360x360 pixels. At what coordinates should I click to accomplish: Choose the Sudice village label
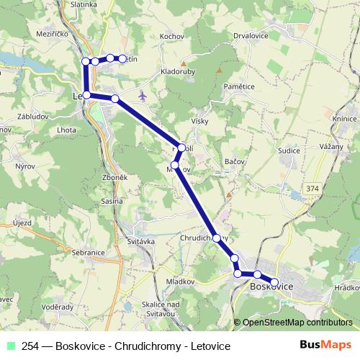(x=290, y=151)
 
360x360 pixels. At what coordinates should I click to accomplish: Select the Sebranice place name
(x=89, y=253)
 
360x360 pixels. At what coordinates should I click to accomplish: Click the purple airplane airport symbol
(x=143, y=96)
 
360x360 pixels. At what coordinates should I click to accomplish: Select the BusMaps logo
(x=326, y=345)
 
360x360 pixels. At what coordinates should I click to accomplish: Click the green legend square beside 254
(x=11, y=345)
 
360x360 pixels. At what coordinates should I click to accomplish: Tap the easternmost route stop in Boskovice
(x=274, y=282)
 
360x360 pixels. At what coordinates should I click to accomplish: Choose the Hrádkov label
(x=346, y=286)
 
